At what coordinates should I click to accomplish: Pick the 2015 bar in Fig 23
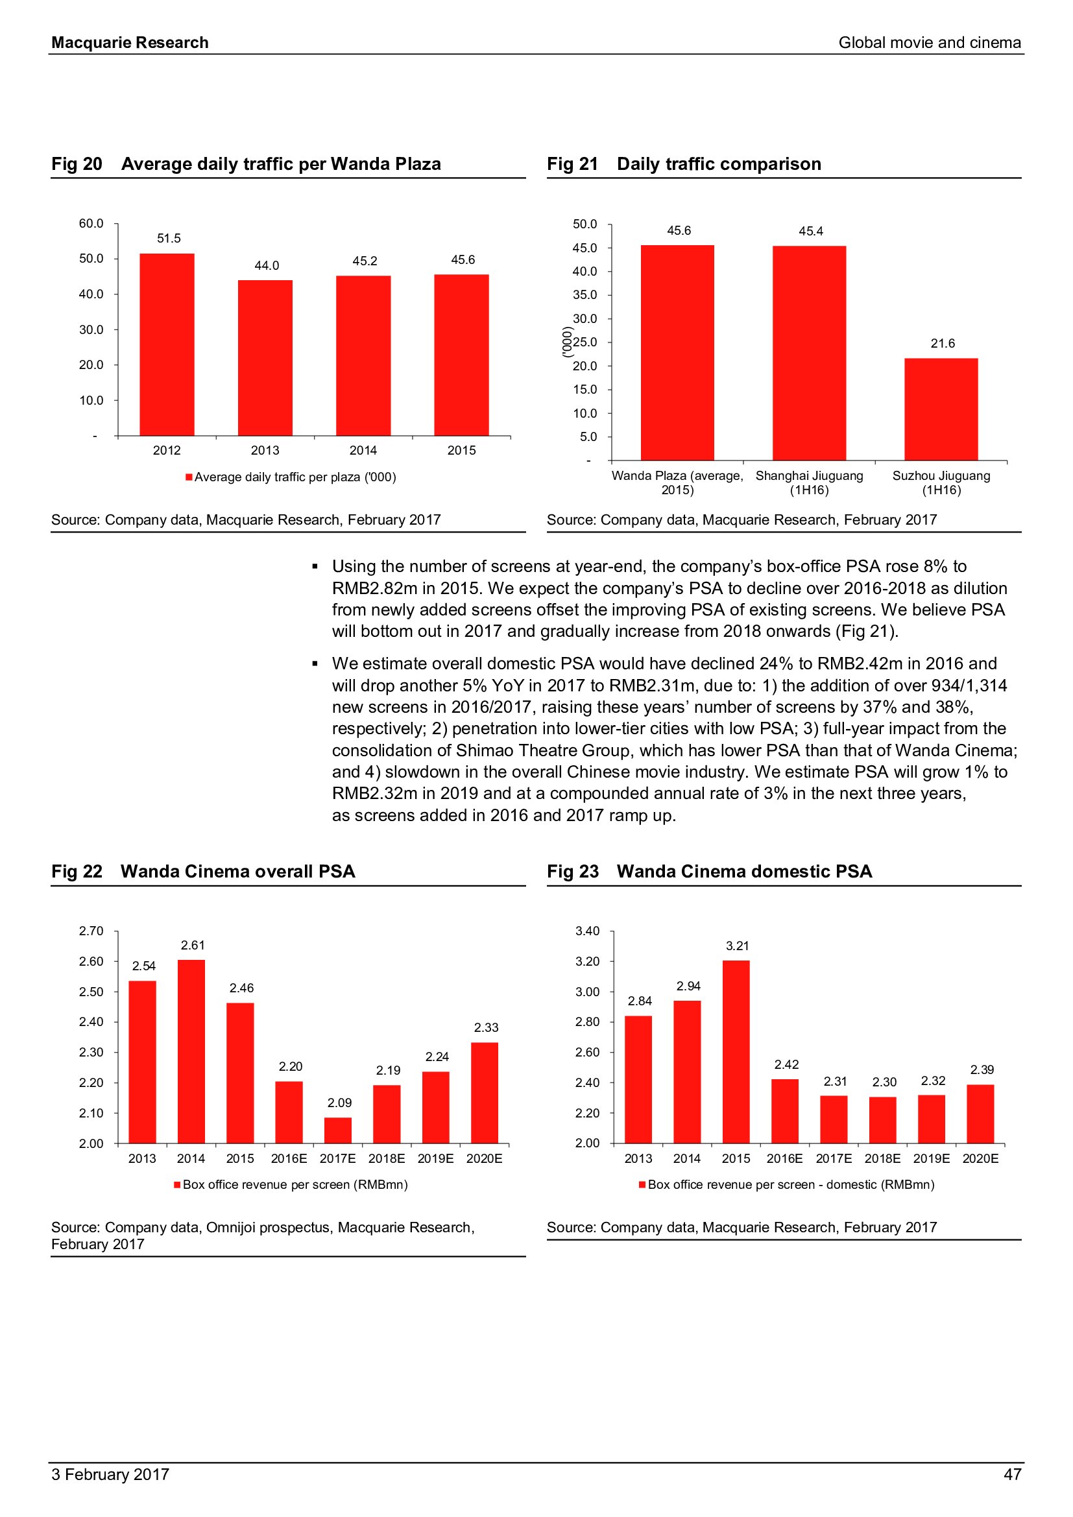click(x=736, y=1051)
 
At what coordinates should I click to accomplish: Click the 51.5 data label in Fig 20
click(x=169, y=238)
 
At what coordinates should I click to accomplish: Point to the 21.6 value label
click(x=943, y=343)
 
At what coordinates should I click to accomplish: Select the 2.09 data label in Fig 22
click(x=339, y=1102)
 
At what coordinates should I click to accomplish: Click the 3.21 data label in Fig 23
click(x=738, y=946)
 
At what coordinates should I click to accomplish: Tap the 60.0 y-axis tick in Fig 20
click(x=91, y=223)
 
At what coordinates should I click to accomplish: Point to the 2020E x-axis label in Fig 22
click(x=485, y=1158)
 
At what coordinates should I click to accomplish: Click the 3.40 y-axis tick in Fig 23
click(x=587, y=931)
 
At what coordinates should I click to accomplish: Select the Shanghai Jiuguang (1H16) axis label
click(x=810, y=483)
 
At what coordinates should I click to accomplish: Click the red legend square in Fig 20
click(x=189, y=477)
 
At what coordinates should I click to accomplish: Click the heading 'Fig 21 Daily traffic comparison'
click(x=684, y=164)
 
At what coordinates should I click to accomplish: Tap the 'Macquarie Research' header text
click(x=130, y=43)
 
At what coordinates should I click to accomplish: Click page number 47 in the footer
click(x=1012, y=1474)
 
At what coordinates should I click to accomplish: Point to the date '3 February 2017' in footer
click(x=110, y=1474)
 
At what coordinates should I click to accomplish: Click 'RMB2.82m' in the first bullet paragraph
click(x=374, y=588)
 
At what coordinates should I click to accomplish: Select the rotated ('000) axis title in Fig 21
click(x=566, y=342)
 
